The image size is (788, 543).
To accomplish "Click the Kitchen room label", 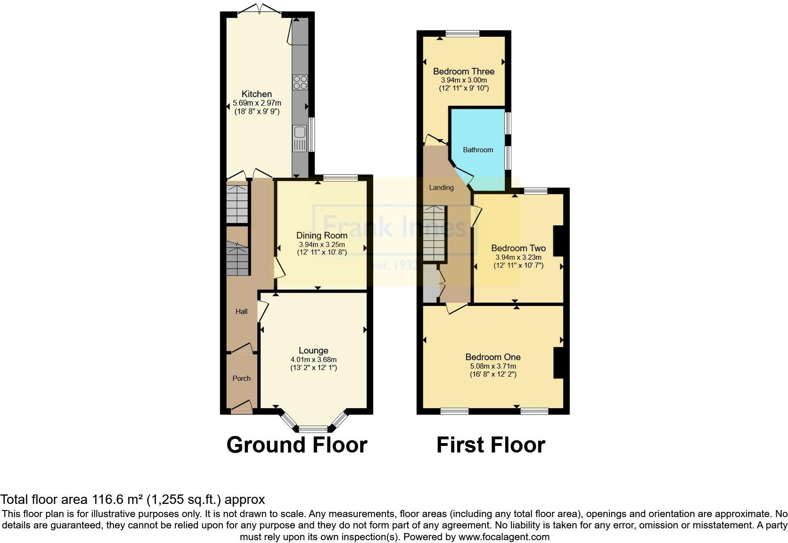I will point(257,94).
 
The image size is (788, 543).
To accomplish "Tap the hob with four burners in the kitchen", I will point(300,82).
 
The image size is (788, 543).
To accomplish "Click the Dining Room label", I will point(321,235).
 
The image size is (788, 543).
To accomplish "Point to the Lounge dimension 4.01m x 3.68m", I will point(313,359).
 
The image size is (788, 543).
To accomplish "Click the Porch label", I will point(242,378).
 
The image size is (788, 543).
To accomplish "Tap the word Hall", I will point(241,311).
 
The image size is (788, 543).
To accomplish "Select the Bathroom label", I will point(478,149).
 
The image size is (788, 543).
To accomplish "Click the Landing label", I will point(441,187).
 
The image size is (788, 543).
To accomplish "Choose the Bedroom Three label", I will point(464,71).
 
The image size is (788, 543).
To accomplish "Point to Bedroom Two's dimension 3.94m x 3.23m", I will point(518,257).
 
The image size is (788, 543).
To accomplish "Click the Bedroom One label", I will point(493,357).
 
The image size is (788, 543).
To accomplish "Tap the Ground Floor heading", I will point(296,445).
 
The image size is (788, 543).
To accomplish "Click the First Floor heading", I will point(491,445).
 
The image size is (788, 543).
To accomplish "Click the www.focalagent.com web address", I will point(503,536).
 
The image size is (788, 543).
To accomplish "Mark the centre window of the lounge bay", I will point(313,429).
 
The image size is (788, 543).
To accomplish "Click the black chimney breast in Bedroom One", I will point(558,363).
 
